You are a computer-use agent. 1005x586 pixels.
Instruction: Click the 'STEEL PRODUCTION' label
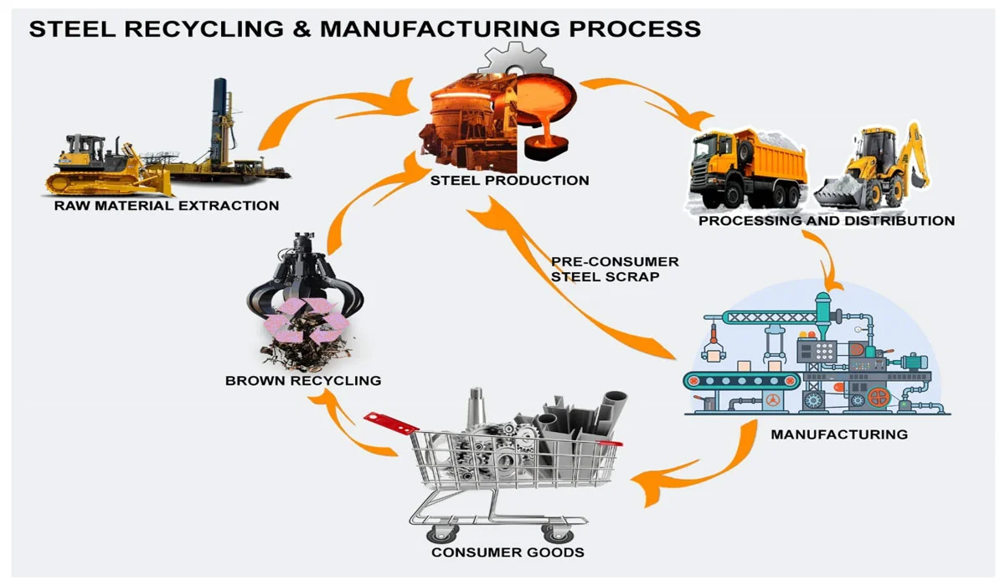click(509, 180)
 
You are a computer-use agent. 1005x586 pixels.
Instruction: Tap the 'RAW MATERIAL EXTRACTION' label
click(167, 205)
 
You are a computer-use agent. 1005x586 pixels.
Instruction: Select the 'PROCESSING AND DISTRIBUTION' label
click(826, 221)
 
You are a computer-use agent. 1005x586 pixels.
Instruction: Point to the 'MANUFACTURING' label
click(838, 434)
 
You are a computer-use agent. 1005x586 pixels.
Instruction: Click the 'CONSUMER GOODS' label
click(508, 553)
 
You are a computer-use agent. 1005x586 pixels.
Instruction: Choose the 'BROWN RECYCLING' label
click(303, 381)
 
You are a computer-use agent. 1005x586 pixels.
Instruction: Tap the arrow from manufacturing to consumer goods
click(695, 469)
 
